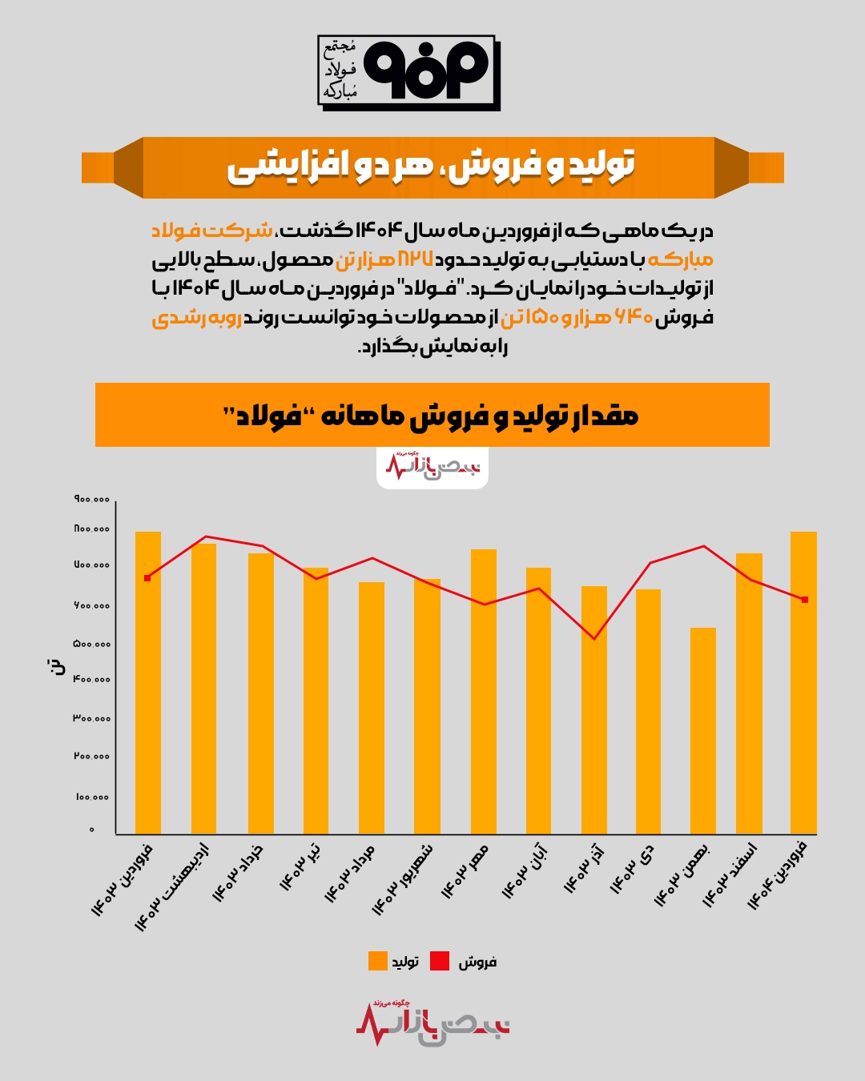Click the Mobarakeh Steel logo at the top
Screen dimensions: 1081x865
coord(408,72)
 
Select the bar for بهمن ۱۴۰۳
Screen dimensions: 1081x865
coord(703,730)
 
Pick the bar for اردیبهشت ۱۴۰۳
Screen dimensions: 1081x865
coord(203,689)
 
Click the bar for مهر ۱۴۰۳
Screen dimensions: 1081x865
coord(484,692)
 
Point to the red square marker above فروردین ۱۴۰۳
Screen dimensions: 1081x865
coord(147,577)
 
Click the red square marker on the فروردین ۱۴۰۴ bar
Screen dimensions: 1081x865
coord(805,600)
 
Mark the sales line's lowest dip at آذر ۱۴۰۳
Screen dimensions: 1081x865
coord(593,638)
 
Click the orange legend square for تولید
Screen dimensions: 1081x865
coord(377,961)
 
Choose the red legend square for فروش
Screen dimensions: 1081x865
coord(440,961)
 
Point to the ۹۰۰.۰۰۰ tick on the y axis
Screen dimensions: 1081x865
coord(92,500)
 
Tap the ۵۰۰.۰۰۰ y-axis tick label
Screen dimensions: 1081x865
coord(92,644)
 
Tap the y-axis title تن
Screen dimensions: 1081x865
coord(56,666)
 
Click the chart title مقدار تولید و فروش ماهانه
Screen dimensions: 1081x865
coord(431,416)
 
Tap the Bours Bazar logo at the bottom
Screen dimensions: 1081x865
coord(432,1023)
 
